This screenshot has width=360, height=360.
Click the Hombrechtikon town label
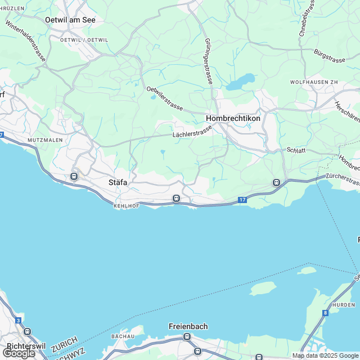pos(233,119)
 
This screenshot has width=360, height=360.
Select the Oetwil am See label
pos(70,19)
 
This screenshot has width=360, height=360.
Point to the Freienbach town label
pos(188,326)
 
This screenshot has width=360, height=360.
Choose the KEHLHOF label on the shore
pos(126,207)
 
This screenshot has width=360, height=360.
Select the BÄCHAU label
pos(123,336)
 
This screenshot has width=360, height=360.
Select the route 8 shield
pos(325,313)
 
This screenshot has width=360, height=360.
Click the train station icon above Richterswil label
pos(27,333)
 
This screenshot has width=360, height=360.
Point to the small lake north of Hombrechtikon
pos(240,82)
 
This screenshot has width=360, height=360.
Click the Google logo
pos(18,353)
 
